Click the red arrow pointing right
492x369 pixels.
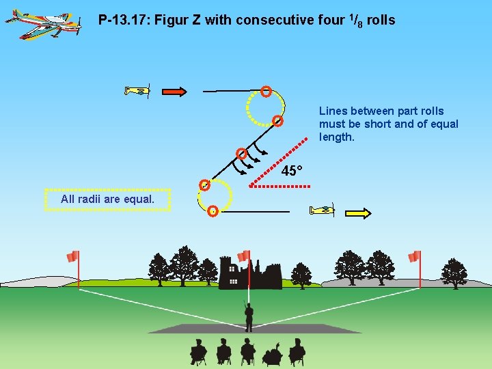click(x=174, y=92)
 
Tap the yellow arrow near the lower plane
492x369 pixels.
click(x=357, y=213)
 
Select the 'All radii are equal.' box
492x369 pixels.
click(x=107, y=200)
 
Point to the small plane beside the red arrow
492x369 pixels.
click(x=137, y=91)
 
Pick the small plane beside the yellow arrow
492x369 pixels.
click(x=322, y=210)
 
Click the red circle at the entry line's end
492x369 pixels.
click(x=266, y=91)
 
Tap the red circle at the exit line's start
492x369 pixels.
click(x=213, y=211)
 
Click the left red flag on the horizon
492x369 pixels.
click(x=72, y=257)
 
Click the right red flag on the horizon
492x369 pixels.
click(x=413, y=256)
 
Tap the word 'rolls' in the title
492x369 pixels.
click(x=381, y=20)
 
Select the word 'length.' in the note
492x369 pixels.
click(x=337, y=137)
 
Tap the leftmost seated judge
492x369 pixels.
click(x=198, y=351)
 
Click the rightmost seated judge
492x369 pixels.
click(x=297, y=351)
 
